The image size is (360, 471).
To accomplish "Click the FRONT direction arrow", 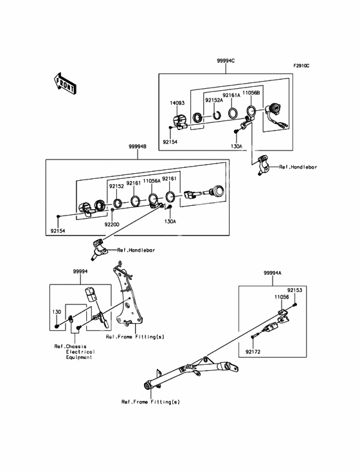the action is point(64,84).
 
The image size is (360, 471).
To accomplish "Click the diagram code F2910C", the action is point(301,66).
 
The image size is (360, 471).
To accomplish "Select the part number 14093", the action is point(177,103).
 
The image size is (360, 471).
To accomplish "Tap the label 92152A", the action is point(214,100).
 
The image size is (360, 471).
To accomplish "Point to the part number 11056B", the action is point(251,93).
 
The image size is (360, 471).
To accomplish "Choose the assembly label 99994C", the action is point(226,60).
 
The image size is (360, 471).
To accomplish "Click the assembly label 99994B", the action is point(138,147).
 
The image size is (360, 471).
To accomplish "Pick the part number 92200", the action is point(112,225).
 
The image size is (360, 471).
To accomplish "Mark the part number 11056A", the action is point(152,181).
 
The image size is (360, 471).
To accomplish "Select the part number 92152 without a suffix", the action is point(116,186).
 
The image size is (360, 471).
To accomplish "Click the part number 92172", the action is point(253,352).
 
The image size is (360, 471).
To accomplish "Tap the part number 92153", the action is point(294,290).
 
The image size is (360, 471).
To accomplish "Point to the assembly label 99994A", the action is point(273,273).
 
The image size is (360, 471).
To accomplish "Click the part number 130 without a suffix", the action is point(57,312).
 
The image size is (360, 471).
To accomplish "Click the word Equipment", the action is point(79,358).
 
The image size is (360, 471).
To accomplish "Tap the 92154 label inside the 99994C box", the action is point(170,142).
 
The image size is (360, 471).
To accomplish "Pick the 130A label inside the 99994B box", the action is point(170,221).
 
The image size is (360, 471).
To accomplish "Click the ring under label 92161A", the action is point(233,113).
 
